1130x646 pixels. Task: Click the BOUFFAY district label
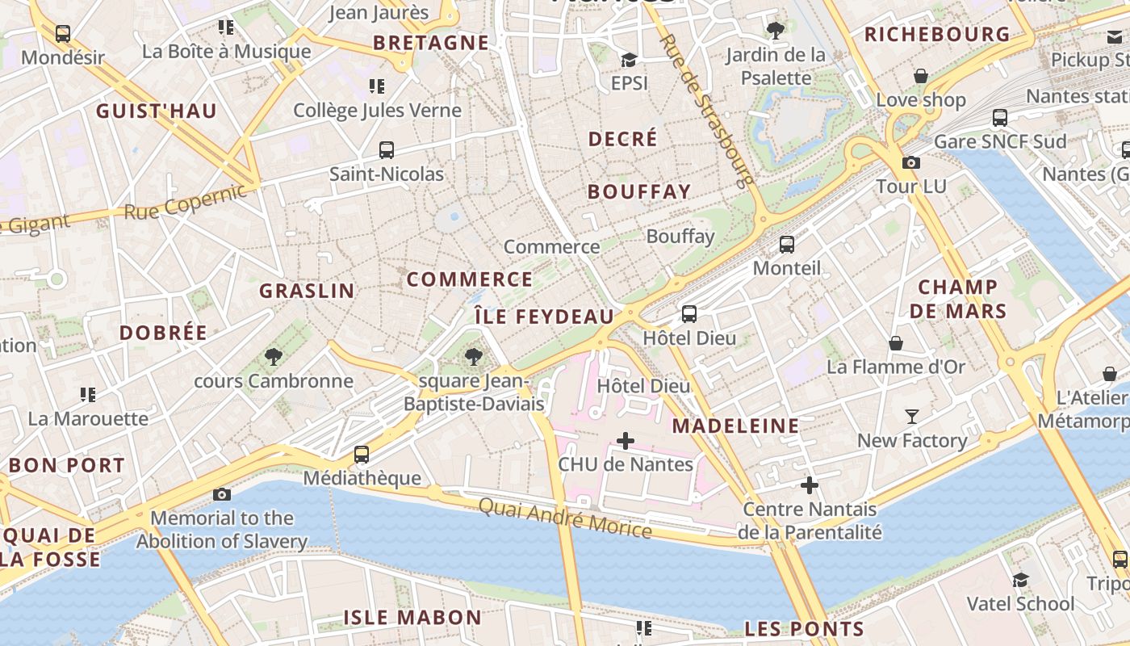tap(639, 192)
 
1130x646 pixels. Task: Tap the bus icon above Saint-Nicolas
tap(387, 150)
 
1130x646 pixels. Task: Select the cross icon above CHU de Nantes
tap(625, 441)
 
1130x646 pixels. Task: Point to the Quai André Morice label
tap(564, 518)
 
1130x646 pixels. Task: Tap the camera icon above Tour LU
tap(911, 163)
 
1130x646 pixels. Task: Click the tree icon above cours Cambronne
tap(274, 357)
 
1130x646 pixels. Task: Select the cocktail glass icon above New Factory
tap(912, 417)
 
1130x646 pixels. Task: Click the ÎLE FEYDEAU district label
tap(543, 317)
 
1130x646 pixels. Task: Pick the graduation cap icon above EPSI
tap(629, 60)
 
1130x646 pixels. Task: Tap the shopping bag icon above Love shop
tap(921, 77)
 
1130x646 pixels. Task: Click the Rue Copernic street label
tap(185, 202)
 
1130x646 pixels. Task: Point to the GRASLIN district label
tap(307, 291)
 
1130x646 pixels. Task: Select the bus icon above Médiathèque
tap(362, 455)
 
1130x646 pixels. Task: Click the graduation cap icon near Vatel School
tap(1021, 580)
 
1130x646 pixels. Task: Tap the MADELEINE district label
tap(735, 426)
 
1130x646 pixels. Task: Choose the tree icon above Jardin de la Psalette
tap(776, 31)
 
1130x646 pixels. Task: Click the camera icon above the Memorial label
tap(222, 494)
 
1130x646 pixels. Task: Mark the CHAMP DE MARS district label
tap(958, 299)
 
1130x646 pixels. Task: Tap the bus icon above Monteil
tap(787, 245)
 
